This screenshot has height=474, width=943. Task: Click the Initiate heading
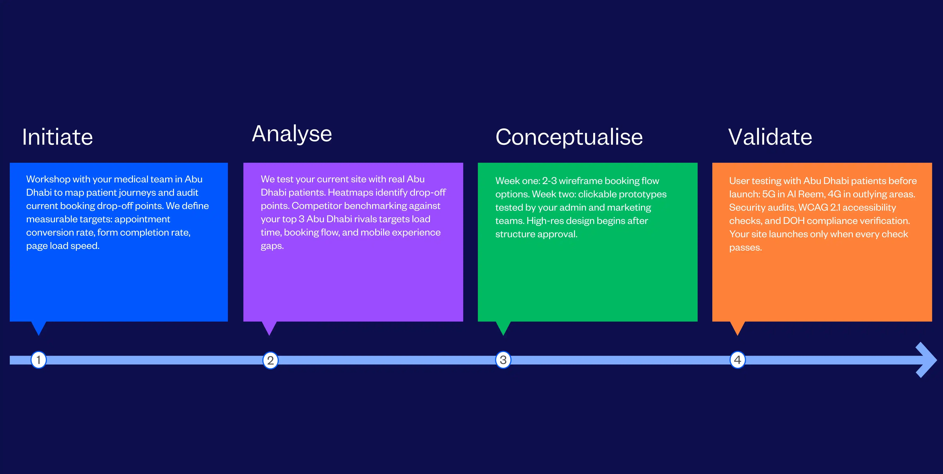coord(57,137)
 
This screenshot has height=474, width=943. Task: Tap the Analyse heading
coord(292,134)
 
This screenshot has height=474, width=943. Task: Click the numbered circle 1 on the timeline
coord(39,360)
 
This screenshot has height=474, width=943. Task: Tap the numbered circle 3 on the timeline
coord(503,360)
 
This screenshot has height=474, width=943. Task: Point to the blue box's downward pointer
coord(39,328)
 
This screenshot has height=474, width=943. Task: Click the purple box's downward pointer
coord(269,328)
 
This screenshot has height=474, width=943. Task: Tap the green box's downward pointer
coord(503,328)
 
